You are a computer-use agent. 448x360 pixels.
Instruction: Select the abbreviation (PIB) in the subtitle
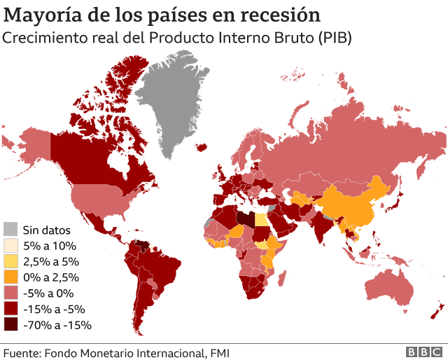click(x=332, y=38)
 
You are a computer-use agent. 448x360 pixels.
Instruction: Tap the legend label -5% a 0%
click(x=48, y=293)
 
